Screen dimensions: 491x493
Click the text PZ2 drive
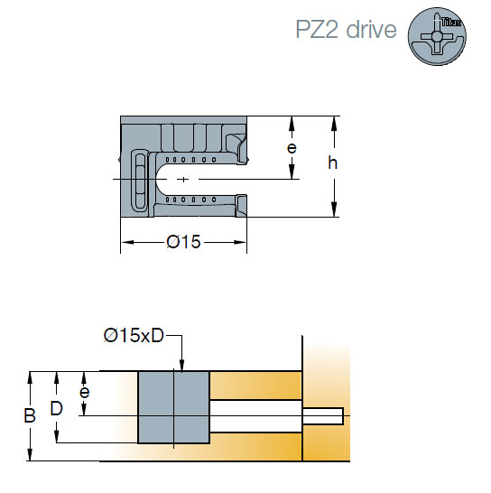(346, 29)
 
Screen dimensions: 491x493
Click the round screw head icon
(437, 36)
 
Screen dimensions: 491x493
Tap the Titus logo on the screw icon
(451, 22)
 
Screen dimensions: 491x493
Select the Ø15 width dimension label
(183, 242)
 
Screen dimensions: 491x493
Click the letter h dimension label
(332, 163)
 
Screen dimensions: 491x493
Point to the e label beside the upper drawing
(292, 148)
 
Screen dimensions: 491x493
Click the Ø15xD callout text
(134, 336)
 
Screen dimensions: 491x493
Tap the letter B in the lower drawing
(30, 415)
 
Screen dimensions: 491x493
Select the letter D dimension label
(57, 408)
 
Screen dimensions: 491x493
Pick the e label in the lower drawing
(84, 392)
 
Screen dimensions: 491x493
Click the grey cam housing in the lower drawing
(174, 407)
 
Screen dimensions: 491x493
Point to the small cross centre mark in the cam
(183, 180)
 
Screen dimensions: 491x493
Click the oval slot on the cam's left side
(140, 180)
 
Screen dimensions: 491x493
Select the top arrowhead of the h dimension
(334, 123)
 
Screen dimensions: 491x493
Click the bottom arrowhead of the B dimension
(30, 454)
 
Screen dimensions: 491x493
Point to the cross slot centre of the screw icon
(437, 37)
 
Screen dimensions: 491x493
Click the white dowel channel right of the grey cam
(255, 416)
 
